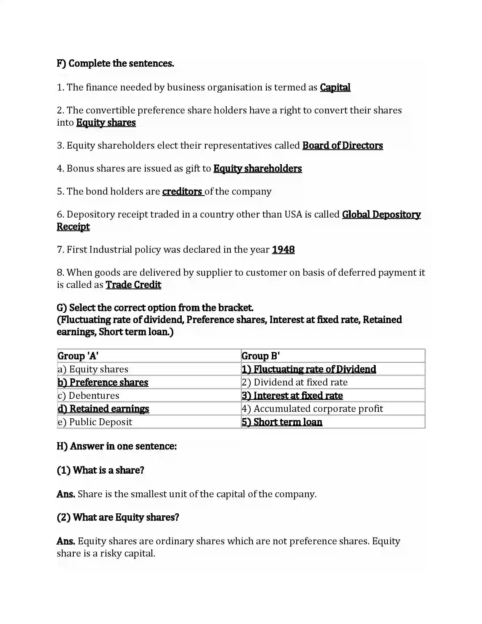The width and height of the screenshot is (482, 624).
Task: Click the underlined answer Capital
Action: click(x=335, y=87)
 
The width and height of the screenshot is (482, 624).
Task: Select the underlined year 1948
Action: click(x=283, y=250)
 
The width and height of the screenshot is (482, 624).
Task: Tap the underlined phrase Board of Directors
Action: click(x=343, y=146)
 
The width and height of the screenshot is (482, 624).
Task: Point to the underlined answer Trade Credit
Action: click(x=133, y=285)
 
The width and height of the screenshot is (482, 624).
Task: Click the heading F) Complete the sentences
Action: click(x=115, y=64)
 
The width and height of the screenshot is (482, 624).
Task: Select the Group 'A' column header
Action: click(x=78, y=356)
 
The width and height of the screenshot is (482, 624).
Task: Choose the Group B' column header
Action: click(x=260, y=356)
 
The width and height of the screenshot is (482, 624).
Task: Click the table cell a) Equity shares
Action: click(x=93, y=369)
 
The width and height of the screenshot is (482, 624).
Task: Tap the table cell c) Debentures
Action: click(x=88, y=396)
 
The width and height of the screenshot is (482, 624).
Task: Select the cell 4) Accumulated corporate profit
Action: click(x=312, y=409)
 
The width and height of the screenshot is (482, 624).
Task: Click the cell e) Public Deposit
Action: click(x=95, y=422)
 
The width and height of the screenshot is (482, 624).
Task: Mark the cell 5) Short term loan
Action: click(x=282, y=422)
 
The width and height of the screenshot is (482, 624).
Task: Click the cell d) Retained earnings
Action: click(x=103, y=409)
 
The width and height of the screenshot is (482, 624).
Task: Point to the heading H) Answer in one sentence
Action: click(x=117, y=446)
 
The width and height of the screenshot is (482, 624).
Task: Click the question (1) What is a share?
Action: click(x=101, y=470)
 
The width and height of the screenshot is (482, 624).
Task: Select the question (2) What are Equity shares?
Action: click(x=118, y=517)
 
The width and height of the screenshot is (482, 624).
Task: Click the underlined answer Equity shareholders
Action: click(x=257, y=168)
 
